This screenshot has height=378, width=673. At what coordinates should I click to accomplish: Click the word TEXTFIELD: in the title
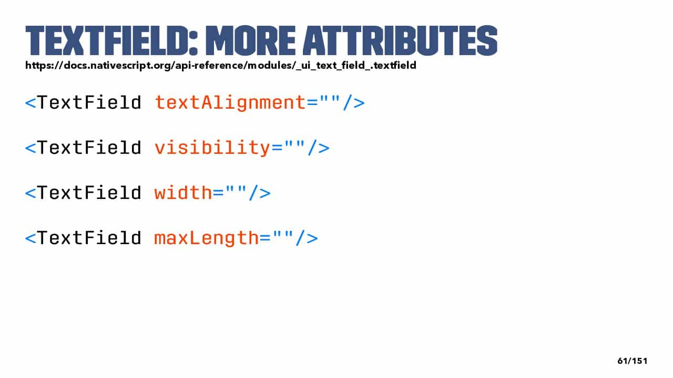(x=111, y=40)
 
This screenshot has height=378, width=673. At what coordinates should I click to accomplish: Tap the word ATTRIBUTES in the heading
(x=400, y=40)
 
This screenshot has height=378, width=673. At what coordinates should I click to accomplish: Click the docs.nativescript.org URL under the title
(x=221, y=66)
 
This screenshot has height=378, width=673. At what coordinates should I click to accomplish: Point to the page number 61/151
(x=633, y=361)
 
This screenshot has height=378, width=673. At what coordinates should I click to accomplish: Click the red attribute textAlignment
(x=230, y=103)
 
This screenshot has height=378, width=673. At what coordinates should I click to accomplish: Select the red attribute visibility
(x=212, y=148)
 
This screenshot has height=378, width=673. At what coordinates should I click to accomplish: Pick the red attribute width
(x=183, y=192)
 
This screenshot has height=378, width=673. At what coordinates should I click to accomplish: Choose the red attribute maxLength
(x=207, y=238)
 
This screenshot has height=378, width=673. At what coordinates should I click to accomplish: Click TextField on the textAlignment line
(x=89, y=102)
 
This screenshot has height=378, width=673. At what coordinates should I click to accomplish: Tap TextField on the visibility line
(x=89, y=148)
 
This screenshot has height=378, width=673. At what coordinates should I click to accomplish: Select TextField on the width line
(x=89, y=192)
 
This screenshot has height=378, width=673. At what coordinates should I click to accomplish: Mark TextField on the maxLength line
(x=89, y=238)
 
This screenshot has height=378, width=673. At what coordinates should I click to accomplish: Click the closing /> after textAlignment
(x=354, y=102)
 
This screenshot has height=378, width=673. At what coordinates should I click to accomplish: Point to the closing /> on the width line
(x=260, y=193)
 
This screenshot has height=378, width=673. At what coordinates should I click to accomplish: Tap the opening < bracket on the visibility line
(x=30, y=148)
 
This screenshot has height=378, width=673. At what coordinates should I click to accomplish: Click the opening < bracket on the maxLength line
(x=30, y=238)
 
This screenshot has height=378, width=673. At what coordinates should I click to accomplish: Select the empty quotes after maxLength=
(x=283, y=235)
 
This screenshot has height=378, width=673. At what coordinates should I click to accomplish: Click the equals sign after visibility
(x=277, y=148)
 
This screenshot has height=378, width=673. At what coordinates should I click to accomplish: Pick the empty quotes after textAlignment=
(x=330, y=99)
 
